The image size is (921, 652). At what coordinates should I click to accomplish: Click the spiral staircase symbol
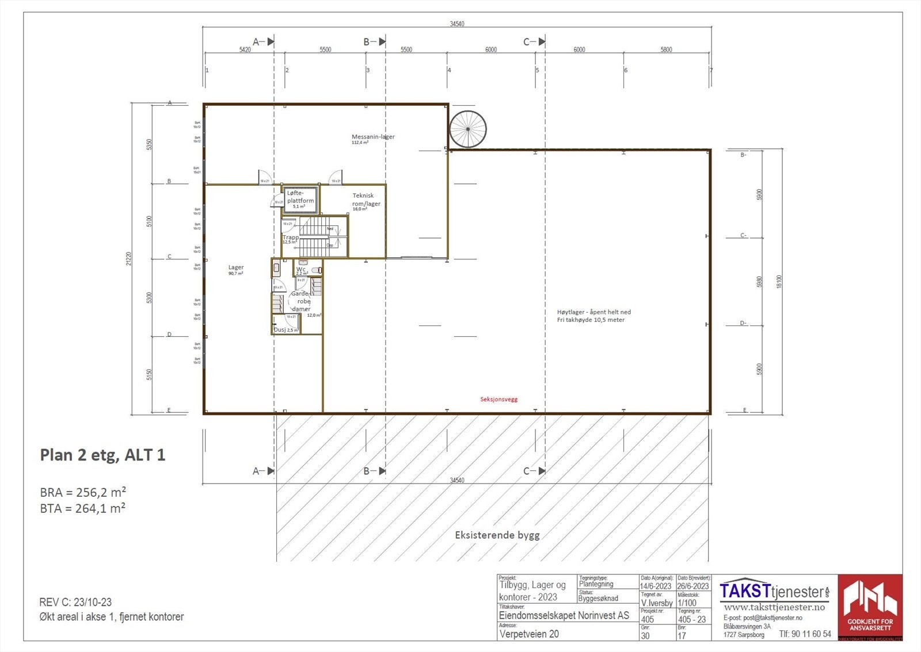point(467,129)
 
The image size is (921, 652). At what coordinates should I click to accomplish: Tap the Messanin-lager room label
point(373,137)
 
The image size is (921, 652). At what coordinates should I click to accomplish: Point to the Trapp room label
point(290,237)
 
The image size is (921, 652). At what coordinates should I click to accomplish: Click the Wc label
point(301,269)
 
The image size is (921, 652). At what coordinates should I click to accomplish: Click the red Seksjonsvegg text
point(499,399)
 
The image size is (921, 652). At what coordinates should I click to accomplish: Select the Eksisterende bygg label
point(497,535)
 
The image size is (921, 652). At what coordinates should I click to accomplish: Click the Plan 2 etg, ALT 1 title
point(102,455)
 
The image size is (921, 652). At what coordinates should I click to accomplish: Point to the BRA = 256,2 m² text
point(83,493)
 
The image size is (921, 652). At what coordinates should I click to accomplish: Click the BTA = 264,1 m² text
point(83,508)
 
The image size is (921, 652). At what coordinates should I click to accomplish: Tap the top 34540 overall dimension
point(456,24)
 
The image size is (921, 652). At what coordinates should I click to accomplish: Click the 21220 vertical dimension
point(128,258)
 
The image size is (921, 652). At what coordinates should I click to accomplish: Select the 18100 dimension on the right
point(779,281)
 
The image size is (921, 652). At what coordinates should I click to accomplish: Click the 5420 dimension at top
point(245,50)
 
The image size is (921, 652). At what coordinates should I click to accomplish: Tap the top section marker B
point(367,41)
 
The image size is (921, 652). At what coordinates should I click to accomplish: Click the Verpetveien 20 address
point(529,634)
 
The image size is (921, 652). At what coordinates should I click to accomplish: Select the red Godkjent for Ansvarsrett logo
point(870,607)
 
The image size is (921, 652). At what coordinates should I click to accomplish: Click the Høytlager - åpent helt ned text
point(593,312)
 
